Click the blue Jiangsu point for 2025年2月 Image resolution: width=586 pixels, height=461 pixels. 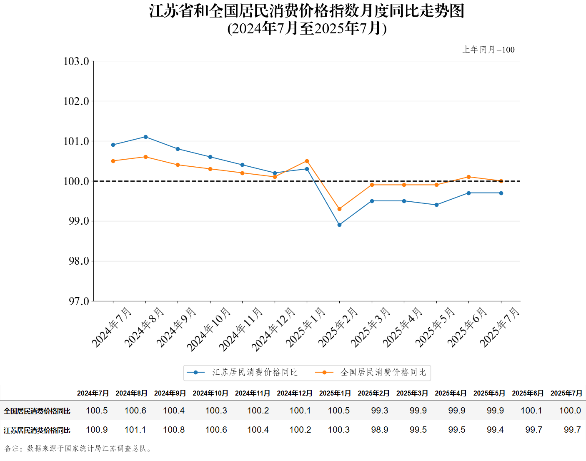339,225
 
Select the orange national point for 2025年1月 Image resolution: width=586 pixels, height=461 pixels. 307,161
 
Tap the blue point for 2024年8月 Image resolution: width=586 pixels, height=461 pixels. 145,137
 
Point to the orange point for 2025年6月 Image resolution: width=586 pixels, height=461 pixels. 468,177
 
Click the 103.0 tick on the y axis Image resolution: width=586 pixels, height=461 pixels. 76,61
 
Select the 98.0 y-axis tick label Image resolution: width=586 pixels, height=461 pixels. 79,261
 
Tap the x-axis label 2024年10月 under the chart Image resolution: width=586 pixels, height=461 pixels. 208,329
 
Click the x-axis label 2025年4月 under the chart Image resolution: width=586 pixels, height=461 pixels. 403,327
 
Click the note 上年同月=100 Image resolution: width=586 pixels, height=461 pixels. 488,50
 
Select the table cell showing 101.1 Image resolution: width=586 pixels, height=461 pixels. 135,430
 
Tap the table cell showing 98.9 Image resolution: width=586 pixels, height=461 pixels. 380,430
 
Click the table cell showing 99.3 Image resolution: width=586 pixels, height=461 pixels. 380,411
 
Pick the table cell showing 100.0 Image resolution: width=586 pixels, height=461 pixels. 570,411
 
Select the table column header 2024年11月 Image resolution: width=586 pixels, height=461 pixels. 253,393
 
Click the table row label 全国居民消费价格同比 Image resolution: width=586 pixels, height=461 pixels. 37,411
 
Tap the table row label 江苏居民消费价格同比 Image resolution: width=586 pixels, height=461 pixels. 37,430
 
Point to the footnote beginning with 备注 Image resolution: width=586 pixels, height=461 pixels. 78,448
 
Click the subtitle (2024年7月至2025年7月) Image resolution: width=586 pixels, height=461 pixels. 307,28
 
